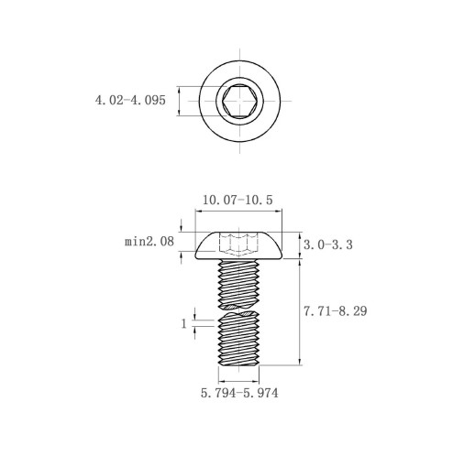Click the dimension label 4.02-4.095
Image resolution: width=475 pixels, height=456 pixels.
(130, 100)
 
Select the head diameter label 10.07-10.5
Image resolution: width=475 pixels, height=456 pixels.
(237, 201)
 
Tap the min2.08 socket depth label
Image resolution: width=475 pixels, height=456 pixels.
(149, 242)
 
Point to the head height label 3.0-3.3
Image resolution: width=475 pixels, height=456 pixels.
(328, 244)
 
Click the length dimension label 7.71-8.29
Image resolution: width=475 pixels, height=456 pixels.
(335, 311)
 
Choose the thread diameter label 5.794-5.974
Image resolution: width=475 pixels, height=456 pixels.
(239, 393)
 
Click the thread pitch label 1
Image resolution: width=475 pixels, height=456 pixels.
(183, 323)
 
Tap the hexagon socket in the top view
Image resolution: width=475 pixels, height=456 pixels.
(239, 101)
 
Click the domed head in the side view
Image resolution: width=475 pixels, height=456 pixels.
(238, 245)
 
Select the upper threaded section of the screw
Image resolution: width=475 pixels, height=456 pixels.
(238, 284)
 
